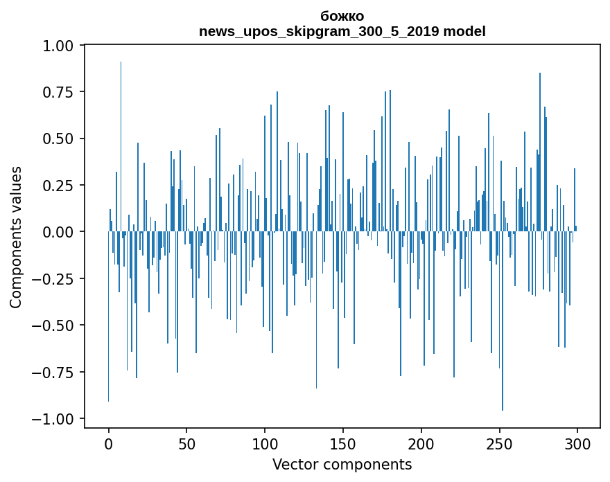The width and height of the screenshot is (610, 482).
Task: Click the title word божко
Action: click(x=342, y=16)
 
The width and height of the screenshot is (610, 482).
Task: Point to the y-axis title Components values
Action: click(x=16, y=237)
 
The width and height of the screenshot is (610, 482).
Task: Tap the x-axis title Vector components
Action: click(x=342, y=465)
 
